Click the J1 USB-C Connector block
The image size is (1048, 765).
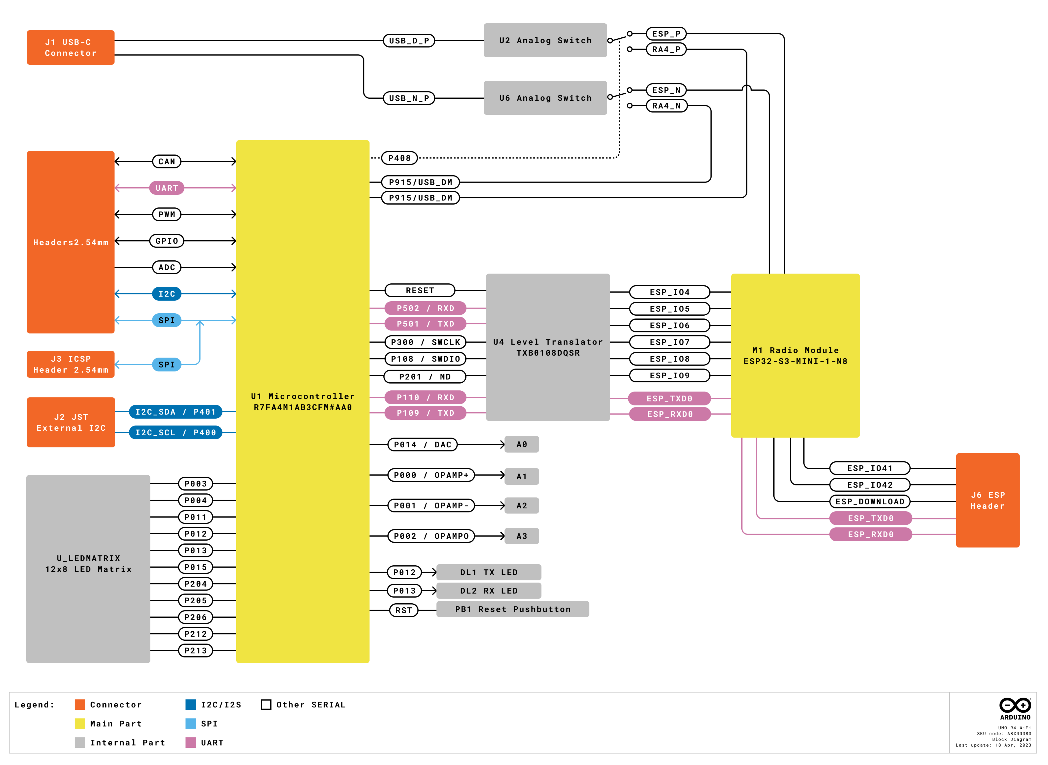pyautogui.click(x=71, y=47)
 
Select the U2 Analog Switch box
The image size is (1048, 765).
pyautogui.click(x=545, y=40)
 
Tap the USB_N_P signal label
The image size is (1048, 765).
pyautogui.click(x=409, y=98)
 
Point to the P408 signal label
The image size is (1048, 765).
pyautogui.click(x=399, y=158)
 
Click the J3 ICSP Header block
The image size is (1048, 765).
pyautogui.click(x=71, y=364)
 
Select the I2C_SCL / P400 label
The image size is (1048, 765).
pyautogui.click(x=176, y=433)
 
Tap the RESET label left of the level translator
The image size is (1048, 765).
pyautogui.click(x=420, y=290)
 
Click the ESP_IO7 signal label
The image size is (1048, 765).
pyautogui.click(x=669, y=342)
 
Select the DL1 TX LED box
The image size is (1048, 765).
pyautogui.click(x=489, y=572)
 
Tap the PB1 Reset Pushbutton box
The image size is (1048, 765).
pyautogui.click(x=513, y=609)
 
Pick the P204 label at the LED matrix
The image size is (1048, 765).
pyautogui.click(x=196, y=584)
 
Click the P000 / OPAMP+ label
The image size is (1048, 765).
pyautogui.click(x=431, y=475)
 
